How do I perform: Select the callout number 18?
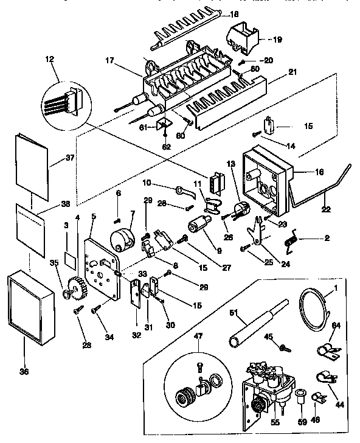(x=218, y=13)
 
